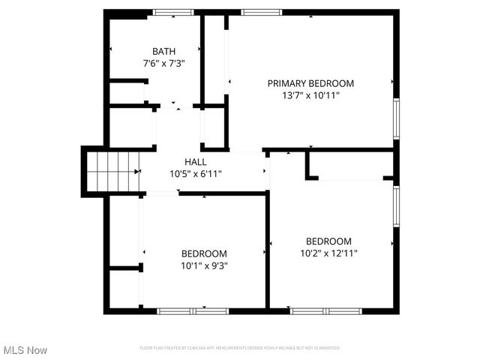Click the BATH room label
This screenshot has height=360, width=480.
point(164,51)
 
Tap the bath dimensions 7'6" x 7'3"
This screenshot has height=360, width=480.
point(164,64)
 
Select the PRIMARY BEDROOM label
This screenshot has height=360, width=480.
point(310,83)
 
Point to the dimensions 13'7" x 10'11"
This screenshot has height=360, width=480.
point(310,96)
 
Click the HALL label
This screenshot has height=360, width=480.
point(195,161)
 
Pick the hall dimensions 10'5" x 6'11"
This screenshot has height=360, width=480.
point(195,174)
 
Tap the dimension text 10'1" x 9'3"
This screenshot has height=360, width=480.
point(204,265)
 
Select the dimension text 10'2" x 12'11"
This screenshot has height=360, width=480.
point(328,253)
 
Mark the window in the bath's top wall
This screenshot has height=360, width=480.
point(173,12)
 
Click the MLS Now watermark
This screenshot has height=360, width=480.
point(25,350)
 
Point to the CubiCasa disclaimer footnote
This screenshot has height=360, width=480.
point(240,348)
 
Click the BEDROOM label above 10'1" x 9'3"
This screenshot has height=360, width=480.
point(204,253)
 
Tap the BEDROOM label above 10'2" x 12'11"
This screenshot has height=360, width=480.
point(328,241)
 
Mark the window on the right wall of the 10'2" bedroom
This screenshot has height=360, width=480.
point(396,205)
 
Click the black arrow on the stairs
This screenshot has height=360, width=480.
point(137,171)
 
